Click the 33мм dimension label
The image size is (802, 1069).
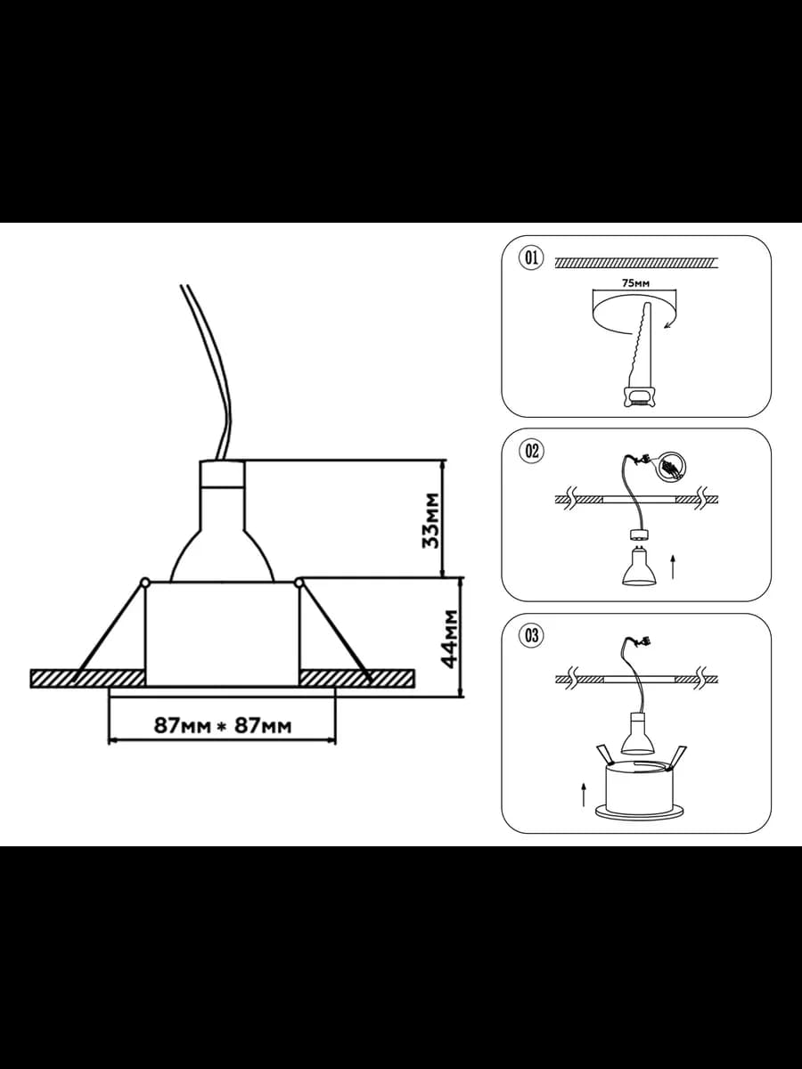point(430,520)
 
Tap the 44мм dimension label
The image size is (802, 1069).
point(449,639)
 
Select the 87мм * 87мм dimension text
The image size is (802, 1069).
point(223,726)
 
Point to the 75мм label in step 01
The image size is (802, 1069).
point(636,282)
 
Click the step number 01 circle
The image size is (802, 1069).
point(531,257)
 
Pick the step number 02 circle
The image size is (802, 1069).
point(531,451)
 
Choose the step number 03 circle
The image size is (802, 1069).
point(531,635)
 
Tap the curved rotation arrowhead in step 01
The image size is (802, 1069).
point(667,325)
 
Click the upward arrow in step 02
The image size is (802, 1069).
point(673,567)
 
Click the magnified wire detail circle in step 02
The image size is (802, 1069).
point(672,466)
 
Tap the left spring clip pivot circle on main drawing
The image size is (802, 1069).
point(144,582)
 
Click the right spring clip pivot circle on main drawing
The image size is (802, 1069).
point(299,582)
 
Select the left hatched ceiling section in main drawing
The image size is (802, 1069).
point(87,679)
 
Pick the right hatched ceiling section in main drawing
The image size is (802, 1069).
point(357,679)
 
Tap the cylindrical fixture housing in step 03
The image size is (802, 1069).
point(638,790)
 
